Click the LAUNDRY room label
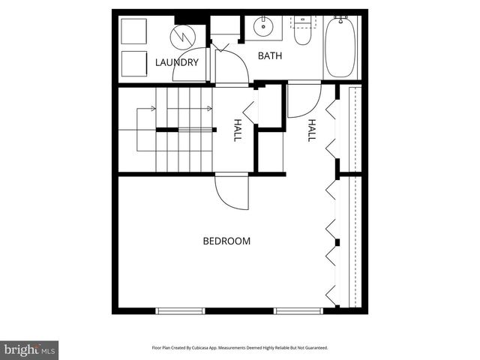177,62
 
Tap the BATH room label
270,56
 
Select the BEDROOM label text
226,241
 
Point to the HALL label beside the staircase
238,130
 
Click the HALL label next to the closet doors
311,130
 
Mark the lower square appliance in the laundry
134,63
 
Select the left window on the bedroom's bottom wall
180,310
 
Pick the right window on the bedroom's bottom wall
298,310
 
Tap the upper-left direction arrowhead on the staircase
153,109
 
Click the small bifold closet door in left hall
250,112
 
